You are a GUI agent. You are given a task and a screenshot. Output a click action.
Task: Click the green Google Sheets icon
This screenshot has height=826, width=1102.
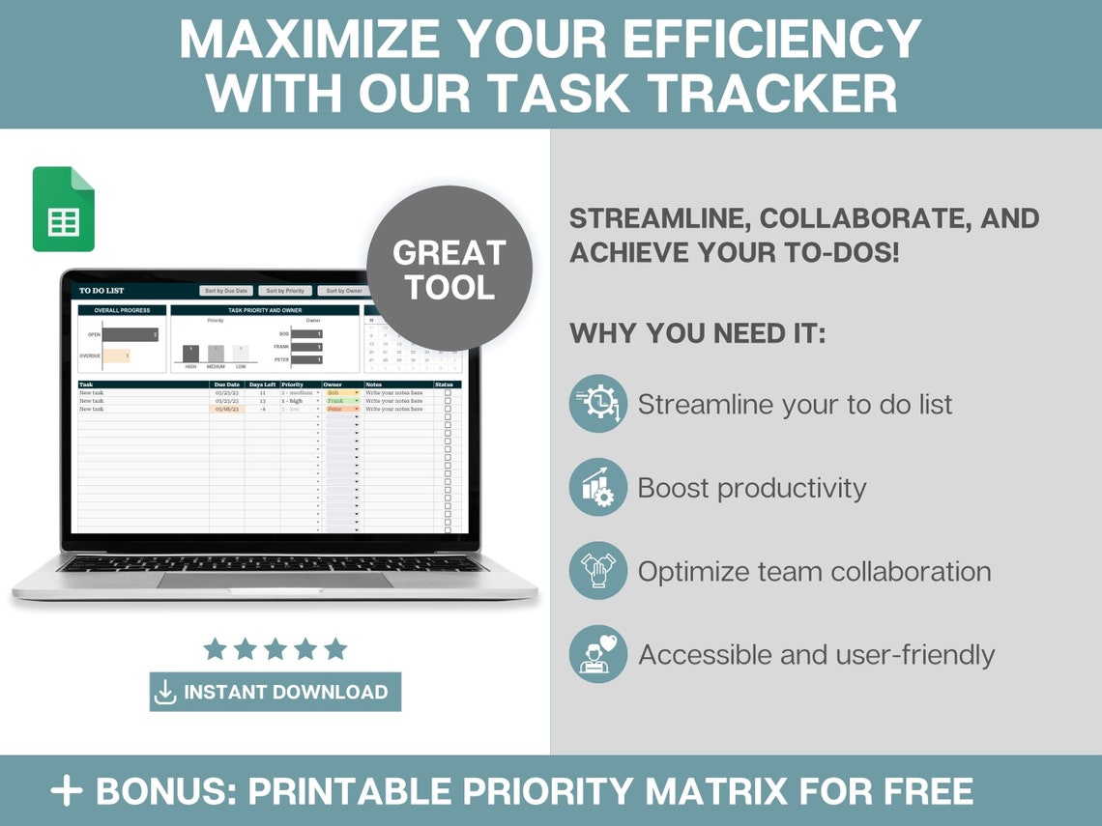[x=64, y=209]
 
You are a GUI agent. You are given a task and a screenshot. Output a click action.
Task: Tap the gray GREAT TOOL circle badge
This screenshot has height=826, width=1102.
[x=449, y=269]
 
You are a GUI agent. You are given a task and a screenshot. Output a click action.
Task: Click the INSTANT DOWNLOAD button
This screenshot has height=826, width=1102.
[x=275, y=692]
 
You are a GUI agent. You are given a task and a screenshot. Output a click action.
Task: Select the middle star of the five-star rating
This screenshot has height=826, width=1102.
[x=275, y=648]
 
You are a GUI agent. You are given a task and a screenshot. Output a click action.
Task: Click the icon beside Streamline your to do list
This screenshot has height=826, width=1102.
[x=597, y=404]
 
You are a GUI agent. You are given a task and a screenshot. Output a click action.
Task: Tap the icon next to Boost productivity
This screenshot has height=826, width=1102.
[x=597, y=487]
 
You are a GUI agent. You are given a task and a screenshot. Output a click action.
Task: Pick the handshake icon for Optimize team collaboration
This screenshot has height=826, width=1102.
[x=597, y=571]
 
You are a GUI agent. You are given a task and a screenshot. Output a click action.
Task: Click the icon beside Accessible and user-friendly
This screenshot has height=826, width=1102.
[x=597, y=654]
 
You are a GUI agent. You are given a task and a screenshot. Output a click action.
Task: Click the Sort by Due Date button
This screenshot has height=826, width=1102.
[x=225, y=290]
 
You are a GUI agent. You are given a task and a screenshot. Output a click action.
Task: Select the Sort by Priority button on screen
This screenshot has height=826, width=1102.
[x=285, y=290]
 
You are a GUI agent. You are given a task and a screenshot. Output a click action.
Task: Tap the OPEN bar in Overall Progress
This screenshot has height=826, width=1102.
[x=130, y=335]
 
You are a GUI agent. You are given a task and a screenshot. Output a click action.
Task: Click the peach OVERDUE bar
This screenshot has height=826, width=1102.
[x=116, y=356]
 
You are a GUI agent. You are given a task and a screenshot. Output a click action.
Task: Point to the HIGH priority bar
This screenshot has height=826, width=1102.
[x=190, y=354]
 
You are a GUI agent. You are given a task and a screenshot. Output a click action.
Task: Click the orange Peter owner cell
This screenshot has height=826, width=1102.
[x=341, y=409]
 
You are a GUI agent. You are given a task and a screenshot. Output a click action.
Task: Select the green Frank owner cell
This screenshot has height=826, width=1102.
[x=341, y=401]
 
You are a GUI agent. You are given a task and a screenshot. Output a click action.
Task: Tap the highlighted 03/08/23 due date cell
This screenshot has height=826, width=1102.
[x=226, y=409]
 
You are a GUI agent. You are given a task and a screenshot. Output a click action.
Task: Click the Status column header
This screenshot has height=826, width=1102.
[x=445, y=385]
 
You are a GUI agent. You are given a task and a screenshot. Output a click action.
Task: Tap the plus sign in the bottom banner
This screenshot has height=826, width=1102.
[x=67, y=791]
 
